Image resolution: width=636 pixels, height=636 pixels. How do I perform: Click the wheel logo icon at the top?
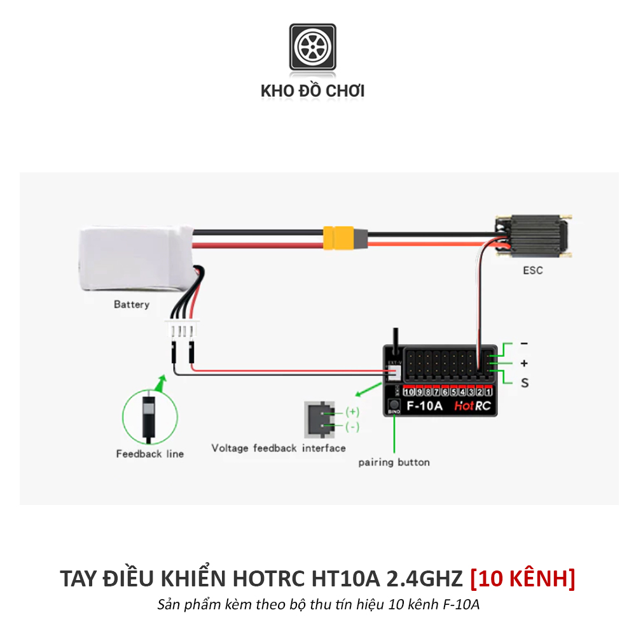click(312, 47)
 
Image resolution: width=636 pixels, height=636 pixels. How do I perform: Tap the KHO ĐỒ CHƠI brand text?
click(312, 91)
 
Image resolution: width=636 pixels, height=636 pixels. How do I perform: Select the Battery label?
click(132, 305)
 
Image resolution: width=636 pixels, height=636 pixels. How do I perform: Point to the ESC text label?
click(533, 270)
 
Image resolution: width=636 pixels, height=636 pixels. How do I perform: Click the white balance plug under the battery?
click(182, 331)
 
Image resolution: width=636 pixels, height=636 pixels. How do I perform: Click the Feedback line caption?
click(149, 454)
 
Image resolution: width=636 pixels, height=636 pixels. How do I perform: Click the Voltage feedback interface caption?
click(279, 448)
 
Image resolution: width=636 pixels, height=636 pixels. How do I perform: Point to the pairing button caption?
click(394, 462)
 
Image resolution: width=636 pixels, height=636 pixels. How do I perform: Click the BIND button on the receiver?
click(394, 404)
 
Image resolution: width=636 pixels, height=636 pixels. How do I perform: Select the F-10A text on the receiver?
click(425, 405)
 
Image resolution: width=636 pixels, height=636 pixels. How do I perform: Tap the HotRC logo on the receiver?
click(472, 406)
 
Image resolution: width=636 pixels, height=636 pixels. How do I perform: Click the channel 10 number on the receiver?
click(408, 392)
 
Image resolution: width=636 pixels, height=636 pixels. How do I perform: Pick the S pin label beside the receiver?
click(525, 383)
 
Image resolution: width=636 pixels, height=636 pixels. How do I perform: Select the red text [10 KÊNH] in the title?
click(522, 579)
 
